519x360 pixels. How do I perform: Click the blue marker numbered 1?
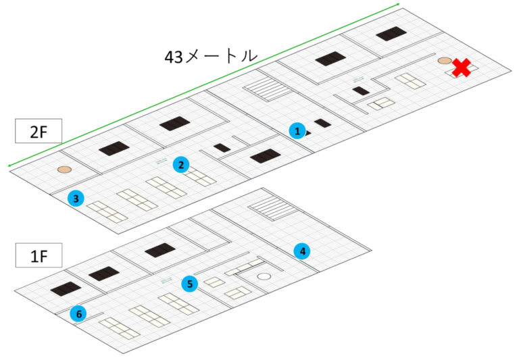click(296, 130)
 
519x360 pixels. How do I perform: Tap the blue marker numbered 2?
click(180, 164)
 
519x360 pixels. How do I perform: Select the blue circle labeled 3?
click(76, 198)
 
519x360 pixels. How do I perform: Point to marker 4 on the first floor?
click(303, 251)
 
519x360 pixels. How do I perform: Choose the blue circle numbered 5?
click(190, 284)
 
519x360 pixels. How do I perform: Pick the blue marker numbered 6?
click(79, 313)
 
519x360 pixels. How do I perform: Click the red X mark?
click(462, 68)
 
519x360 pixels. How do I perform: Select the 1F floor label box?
click(39, 256)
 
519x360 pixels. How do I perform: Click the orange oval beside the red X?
click(444, 61)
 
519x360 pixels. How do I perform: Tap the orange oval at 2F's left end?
click(64, 170)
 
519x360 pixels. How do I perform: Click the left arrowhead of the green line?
click(8, 165)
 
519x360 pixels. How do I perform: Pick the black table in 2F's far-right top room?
click(390, 34)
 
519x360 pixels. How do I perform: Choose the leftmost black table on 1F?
click(66, 289)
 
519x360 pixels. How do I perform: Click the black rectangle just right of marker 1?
click(322, 124)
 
